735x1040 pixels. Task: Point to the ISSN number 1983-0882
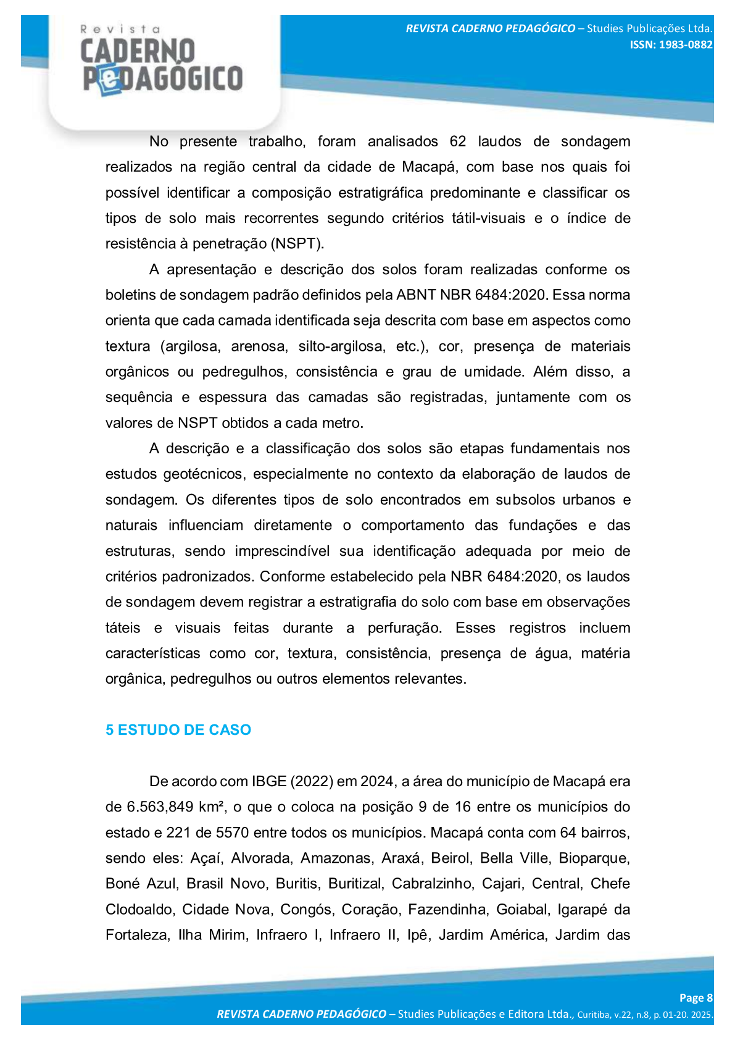(x=671, y=45)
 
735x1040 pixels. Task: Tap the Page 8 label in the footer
(x=696, y=998)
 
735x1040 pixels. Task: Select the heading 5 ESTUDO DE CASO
(x=178, y=730)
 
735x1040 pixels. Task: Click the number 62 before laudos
(x=458, y=141)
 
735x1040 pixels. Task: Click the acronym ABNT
(x=416, y=295)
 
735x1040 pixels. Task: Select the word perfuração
(x=404, y=628)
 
